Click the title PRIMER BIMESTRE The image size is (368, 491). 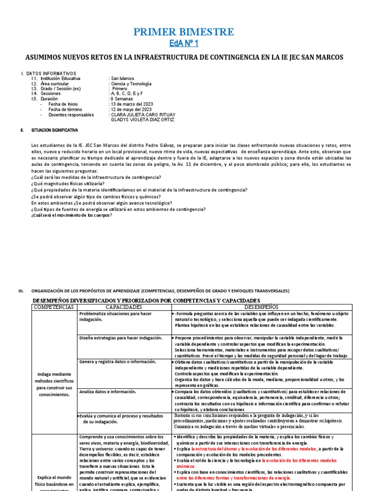click(x=184, y=32)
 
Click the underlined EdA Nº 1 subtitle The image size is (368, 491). click(x=184, y=44)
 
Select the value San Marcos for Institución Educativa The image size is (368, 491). click(x=122, y=78)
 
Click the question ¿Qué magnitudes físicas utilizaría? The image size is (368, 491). click(x=68, y=184)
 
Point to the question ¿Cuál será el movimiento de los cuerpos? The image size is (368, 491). click(x=71, y=215)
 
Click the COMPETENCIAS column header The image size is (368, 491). click(x=54, y=306)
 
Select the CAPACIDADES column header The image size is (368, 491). click(x=124, y=306)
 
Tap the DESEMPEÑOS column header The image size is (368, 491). click(x=261, y=306)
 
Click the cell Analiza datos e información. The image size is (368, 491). click(x=108, y=392)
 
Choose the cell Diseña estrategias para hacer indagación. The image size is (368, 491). click(x=121, y=338)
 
